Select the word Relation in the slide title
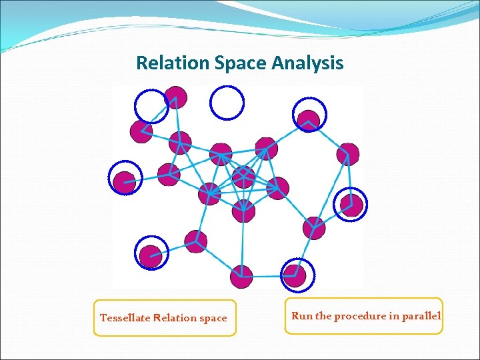pyautogui.click(x=173, y=63)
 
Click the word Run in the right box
pyautogui.click(x=301, y=315)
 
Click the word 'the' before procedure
pyautogui.click(x=323, y=315)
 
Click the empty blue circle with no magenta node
pyautogui.click(x=227, y=102)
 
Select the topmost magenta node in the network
pyautogui.click(x=176, y=97)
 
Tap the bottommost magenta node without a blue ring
pyautogui.click(x=241, y=276)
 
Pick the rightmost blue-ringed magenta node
pyautogui.click(x=350, y=203)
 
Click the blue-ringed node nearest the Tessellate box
pyautogui.click(x=151, y=256)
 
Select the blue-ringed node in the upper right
pyautogui.click(x=309, y=118)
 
